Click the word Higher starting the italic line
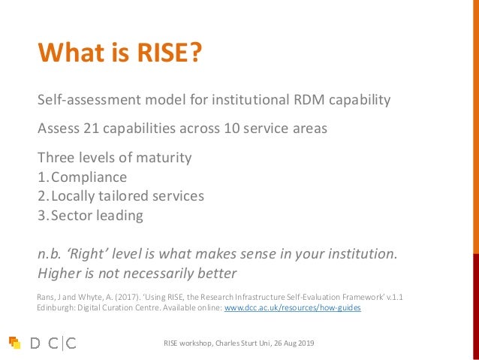[61, 273]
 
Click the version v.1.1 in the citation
[393, 296]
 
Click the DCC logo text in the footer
[53, 343]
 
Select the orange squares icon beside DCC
[14, 343]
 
